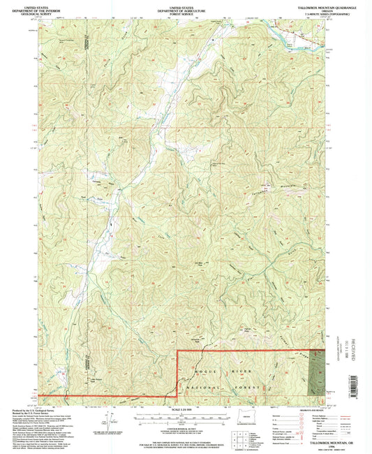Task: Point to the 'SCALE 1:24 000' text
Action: pos(186,409)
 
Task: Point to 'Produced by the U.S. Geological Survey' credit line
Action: pos(28,409)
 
